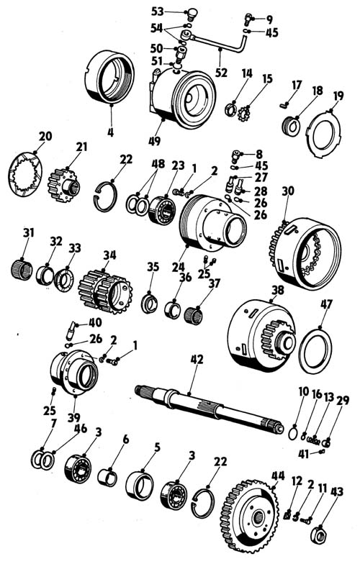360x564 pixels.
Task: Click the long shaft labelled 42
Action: [x=209, y=409]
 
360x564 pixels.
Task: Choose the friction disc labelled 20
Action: [x=24, y=174]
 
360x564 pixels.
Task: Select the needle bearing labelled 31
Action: [x=22, y=270]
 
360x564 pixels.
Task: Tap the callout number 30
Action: [x=288, y=191]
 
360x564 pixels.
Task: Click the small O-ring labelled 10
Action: [x=294, y=432]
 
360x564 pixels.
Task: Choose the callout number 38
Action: [x=278, y=290]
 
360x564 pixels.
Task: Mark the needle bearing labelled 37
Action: [x=193, y=315]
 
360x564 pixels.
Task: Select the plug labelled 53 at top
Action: [x=191, y=14]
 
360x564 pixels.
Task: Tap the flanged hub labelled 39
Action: [x=74, y=373]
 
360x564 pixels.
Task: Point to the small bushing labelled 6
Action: [x=107, y=477]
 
